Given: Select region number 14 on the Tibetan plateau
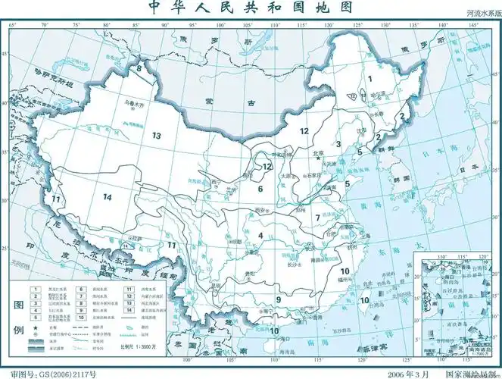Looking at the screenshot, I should click(108, 197).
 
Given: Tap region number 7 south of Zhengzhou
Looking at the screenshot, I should click(318, 218).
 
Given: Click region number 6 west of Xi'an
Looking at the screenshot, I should click(259, 189).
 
